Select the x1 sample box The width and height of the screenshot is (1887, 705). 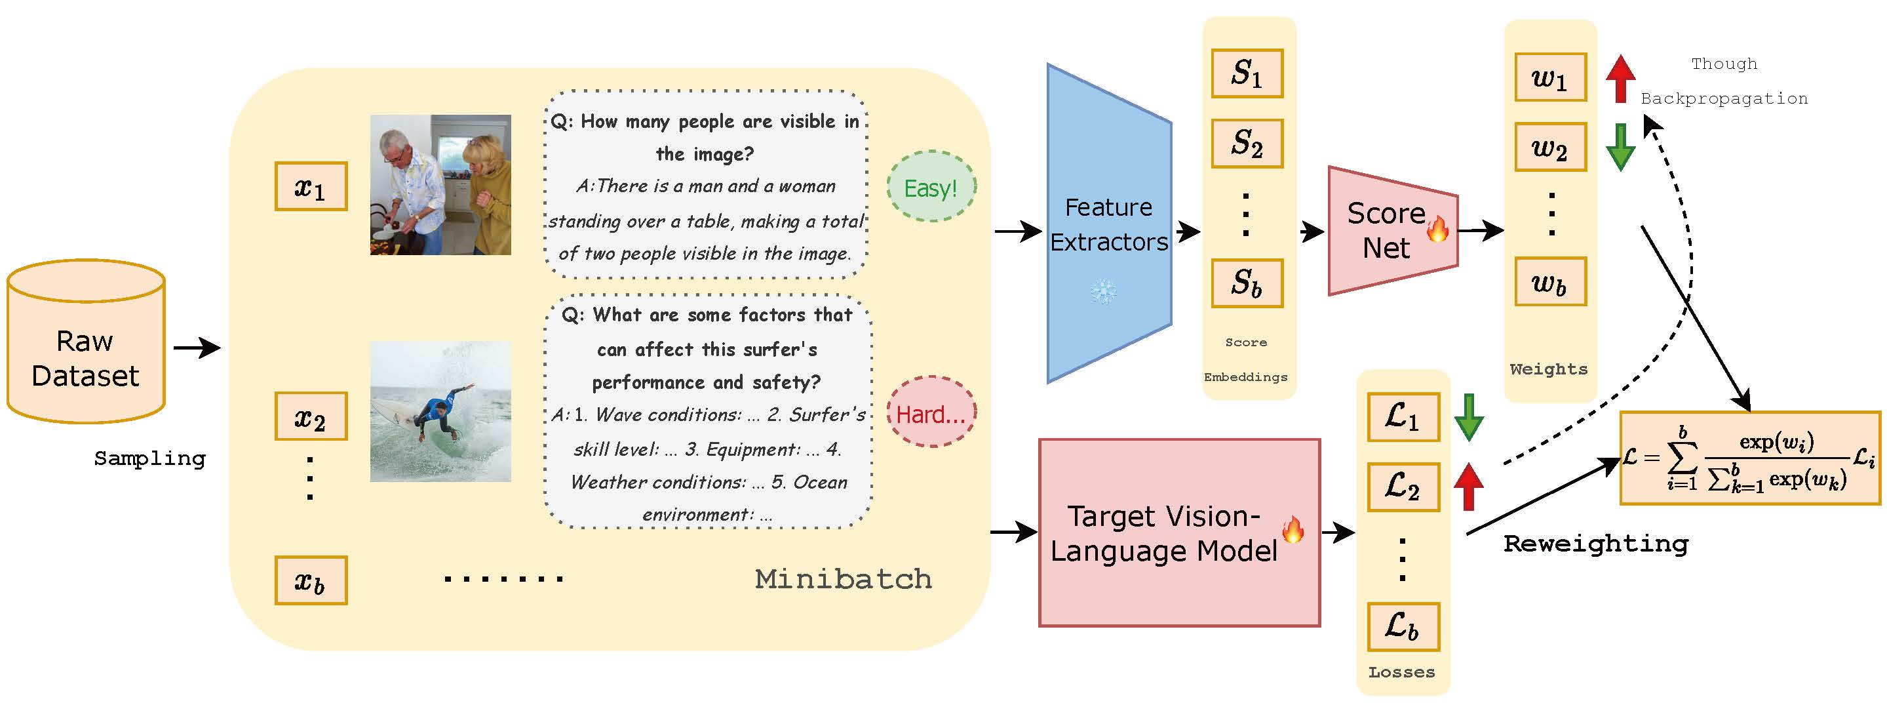[311, 187]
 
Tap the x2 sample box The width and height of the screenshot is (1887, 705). [311, 416]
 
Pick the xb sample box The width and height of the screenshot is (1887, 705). [311, 580]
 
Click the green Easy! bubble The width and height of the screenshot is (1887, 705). [931, 188]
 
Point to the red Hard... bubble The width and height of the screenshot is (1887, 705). [931, 413]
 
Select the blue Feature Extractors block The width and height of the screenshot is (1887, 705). [1108, 224]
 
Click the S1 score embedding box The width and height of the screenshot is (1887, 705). [1247, 73]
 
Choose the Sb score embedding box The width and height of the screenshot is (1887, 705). [1247, 283]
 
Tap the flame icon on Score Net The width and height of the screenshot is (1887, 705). [1438, 230]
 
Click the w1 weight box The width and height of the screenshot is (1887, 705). [1550, 77]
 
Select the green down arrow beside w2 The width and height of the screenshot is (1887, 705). [1620, 146]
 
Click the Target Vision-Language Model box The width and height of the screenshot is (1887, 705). [1178, 533]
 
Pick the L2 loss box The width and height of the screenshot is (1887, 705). [1403, 487]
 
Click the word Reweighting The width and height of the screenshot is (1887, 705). [1595, 544]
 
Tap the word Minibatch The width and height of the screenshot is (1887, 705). [843, 580]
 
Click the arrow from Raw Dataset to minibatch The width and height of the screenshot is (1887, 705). [197, 348]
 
